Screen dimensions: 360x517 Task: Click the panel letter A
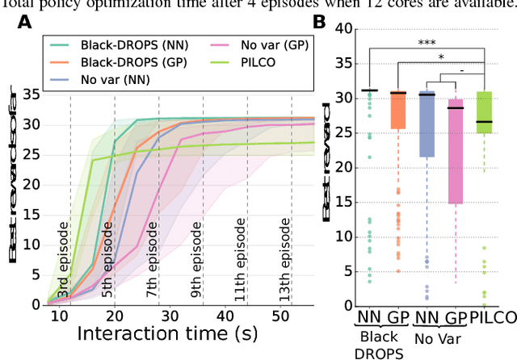click(26, 26)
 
